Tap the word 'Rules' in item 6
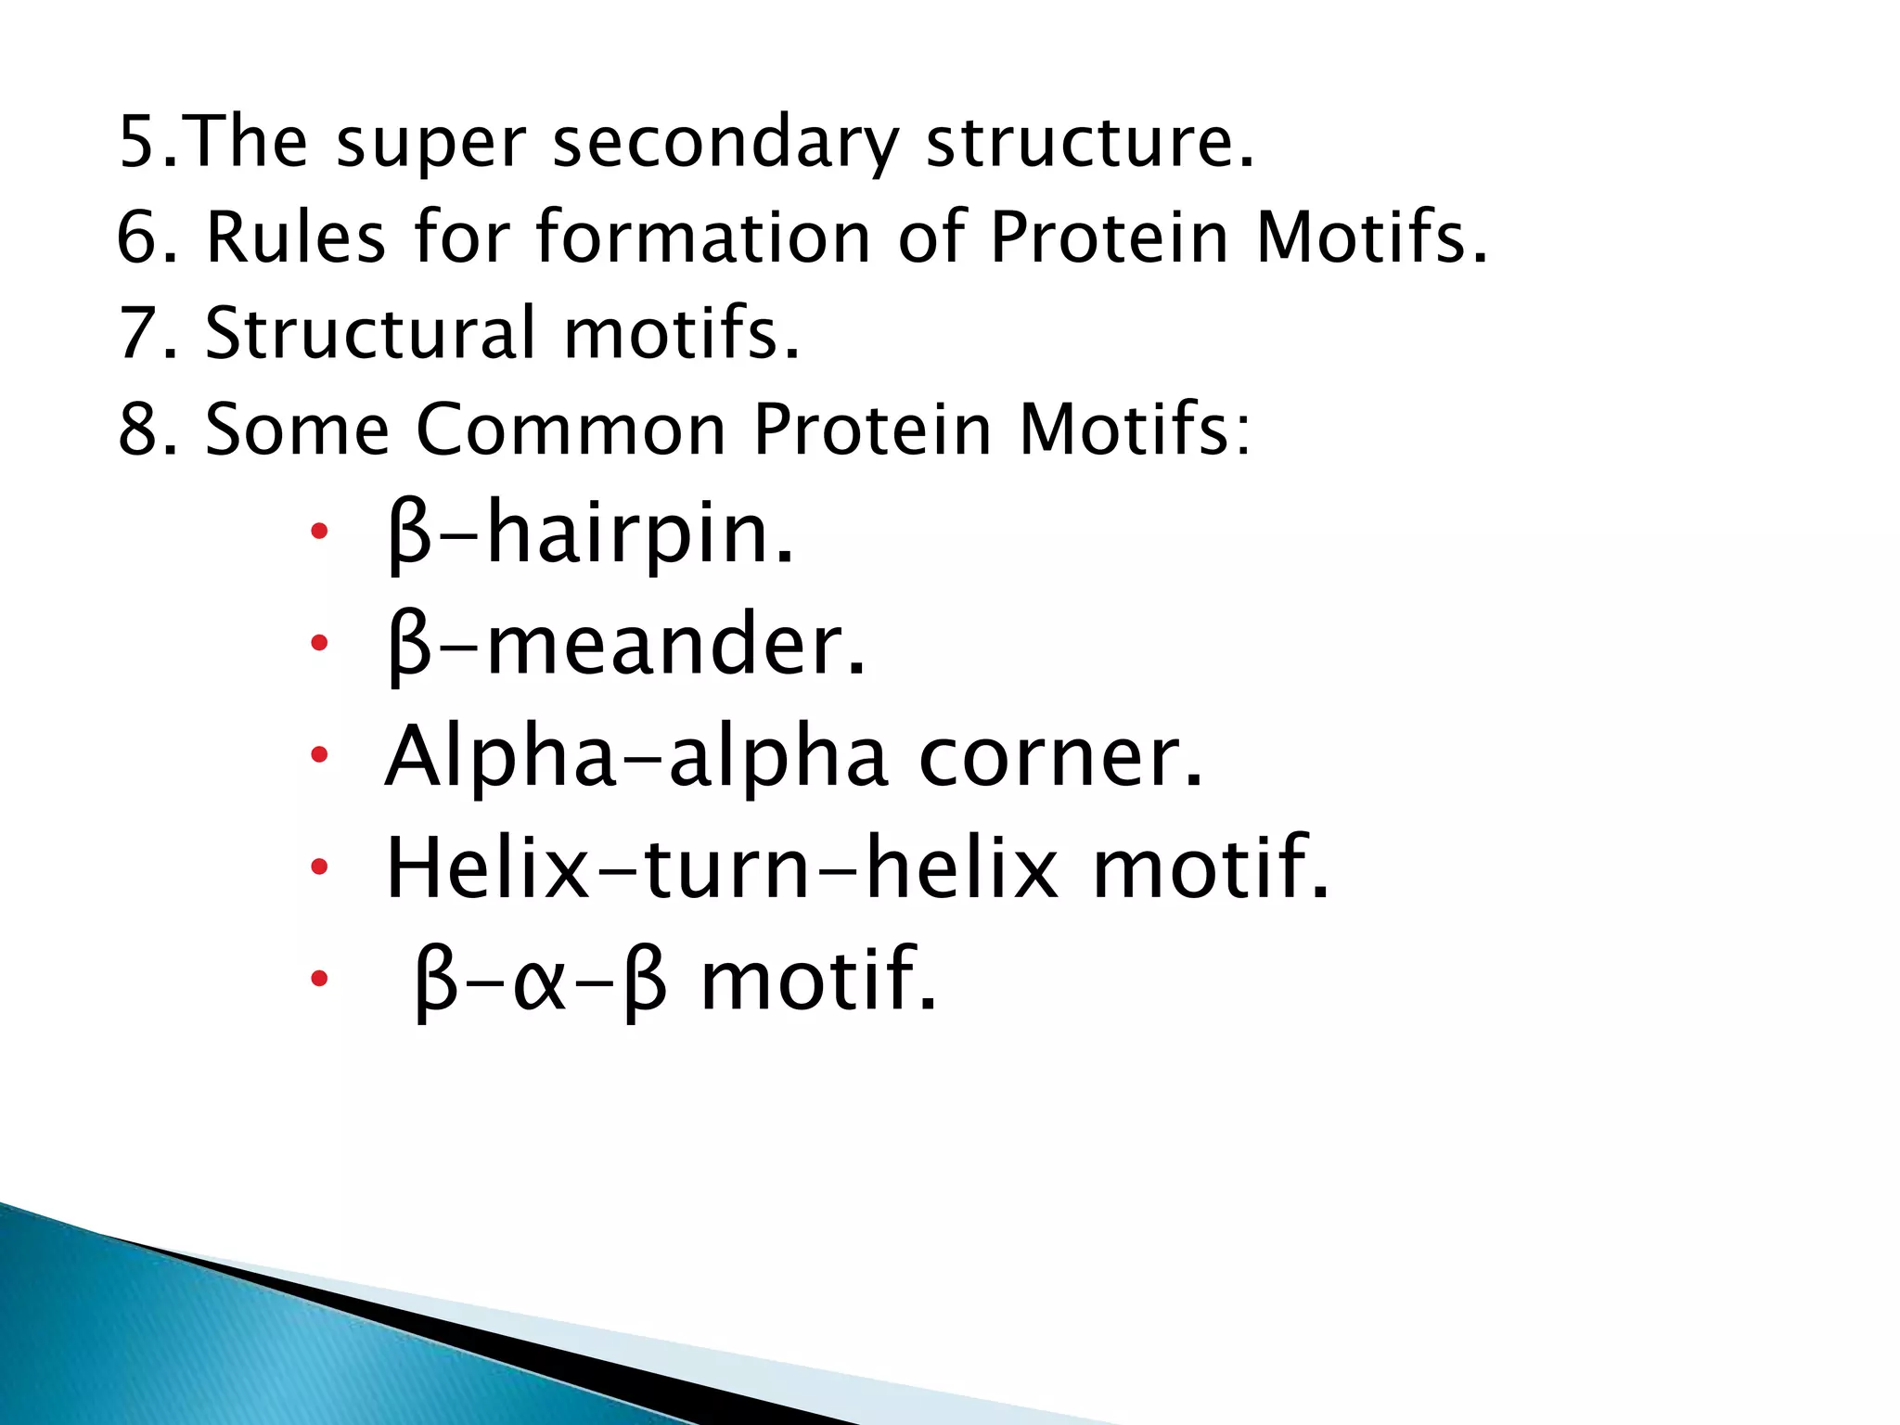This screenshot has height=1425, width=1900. [x=295, y=237]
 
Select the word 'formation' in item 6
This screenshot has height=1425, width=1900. [x=703, y=237]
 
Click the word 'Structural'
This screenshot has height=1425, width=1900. [x=370, y=333]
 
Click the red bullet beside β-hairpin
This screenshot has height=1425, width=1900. [x=319, y=532]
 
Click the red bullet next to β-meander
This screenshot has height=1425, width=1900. [x=319, y=643]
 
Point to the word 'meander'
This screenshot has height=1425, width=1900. [x=664, y=645]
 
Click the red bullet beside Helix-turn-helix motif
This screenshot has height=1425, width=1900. [x=319, y=867]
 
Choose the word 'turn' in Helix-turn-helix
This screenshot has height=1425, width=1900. [x=726, y=868]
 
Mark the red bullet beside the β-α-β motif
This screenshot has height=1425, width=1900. [x=319, y=978]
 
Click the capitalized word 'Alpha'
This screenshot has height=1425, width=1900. [x=501, y=758]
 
